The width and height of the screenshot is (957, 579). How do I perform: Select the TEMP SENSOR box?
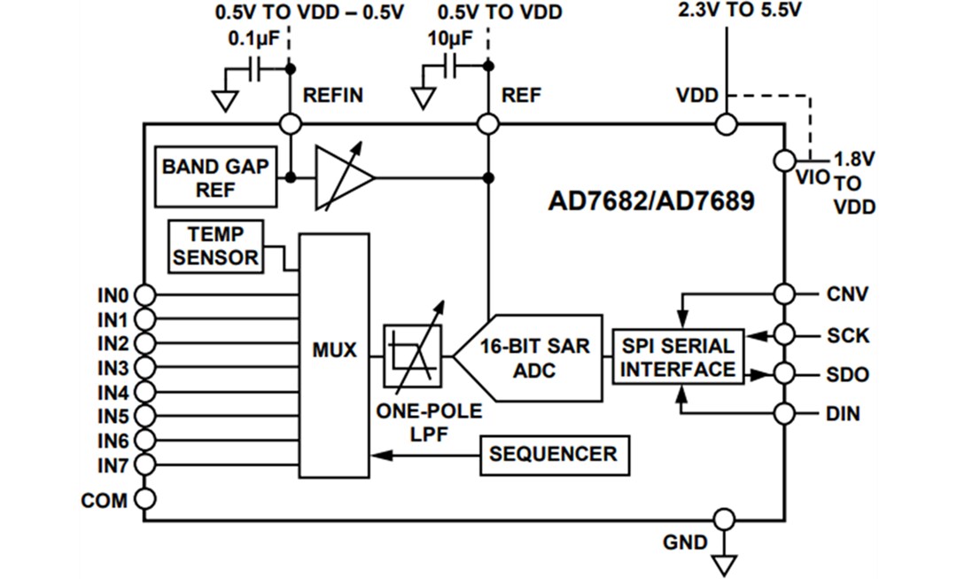[x=215, y=246]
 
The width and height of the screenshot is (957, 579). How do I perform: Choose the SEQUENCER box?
[x=554, y=455]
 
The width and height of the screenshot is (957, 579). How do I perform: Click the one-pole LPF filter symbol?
[x=411, y=356]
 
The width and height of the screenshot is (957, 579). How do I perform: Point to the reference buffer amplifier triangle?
[x=342, y=178]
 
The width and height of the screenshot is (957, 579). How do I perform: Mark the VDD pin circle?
[x=726, y=124]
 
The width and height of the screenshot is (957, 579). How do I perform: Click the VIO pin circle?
[x=784, y=160]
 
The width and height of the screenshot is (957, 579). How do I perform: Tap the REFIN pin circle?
[x=290, y=124]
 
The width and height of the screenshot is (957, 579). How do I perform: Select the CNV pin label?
[x=847, y=294]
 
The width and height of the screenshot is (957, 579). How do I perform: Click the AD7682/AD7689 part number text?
[x=651, y=201]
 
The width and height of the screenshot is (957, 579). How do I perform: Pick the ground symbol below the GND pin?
[x=725, y=564]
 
